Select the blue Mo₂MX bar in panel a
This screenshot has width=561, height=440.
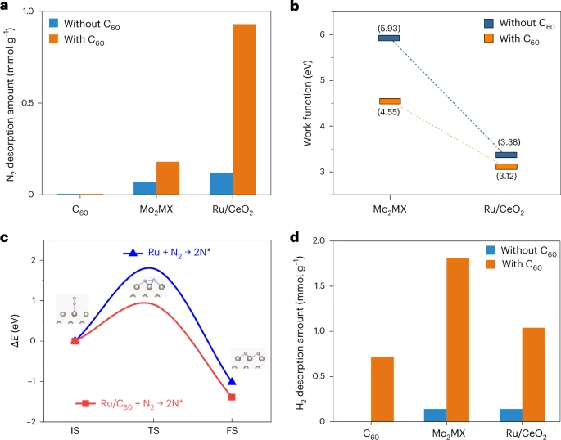pyautogui.click(x=145, y=188)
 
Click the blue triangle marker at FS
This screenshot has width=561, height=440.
pyautogui.click(x=232, y=381)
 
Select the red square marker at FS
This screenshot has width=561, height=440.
pyautogui.click(x=232, y=397)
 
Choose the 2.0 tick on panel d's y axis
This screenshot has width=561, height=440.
pyautogui.click(x=319, y=241)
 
